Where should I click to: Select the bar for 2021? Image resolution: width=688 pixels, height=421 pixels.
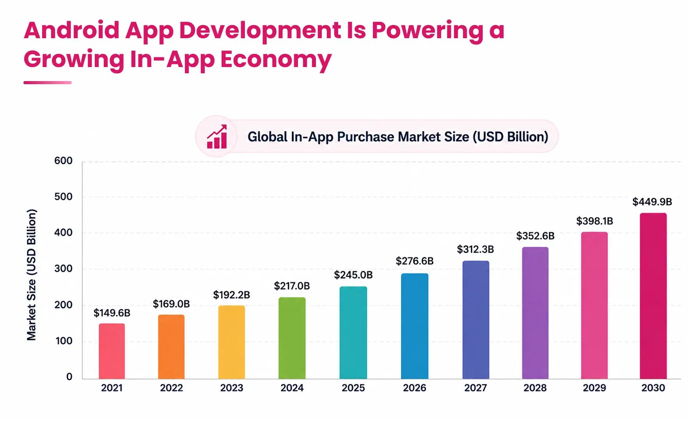tap(112, 351)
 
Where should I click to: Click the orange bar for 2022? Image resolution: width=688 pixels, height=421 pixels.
tap(171, 347)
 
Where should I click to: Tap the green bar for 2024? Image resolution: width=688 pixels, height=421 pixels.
tap(292, 338)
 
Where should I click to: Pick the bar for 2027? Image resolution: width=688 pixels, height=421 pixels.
tap(476, 320)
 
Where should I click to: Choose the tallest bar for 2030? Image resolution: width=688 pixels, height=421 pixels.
tap(653, 296)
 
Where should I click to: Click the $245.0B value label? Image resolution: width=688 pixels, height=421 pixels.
tap(353, 275)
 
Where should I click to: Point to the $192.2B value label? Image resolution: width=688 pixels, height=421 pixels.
tap(232, 295)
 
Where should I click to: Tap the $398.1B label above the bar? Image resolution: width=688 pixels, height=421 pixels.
tap(595, 221)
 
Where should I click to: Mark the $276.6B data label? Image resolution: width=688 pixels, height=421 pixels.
tap(415, 261)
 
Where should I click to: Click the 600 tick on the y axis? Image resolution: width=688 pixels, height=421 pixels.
tap(64, 161)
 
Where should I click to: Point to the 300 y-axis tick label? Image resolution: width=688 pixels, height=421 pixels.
tap(64, 269)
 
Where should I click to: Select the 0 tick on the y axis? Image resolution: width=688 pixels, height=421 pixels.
tap(69, 377)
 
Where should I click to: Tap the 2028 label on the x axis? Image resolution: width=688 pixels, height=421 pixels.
tap(535, 388)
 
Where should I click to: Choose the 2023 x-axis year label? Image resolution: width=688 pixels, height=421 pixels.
tap(232, 388)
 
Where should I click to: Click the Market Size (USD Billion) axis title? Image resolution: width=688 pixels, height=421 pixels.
tap(32, 275)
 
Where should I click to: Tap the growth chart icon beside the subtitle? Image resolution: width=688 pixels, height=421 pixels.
tap(217, 137)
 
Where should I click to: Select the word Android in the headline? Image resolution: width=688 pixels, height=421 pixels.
tap(72, 30)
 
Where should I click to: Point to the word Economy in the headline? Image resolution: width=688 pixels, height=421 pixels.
tap(276, 60)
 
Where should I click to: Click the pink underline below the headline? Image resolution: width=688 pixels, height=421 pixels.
tap(48, 83)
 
